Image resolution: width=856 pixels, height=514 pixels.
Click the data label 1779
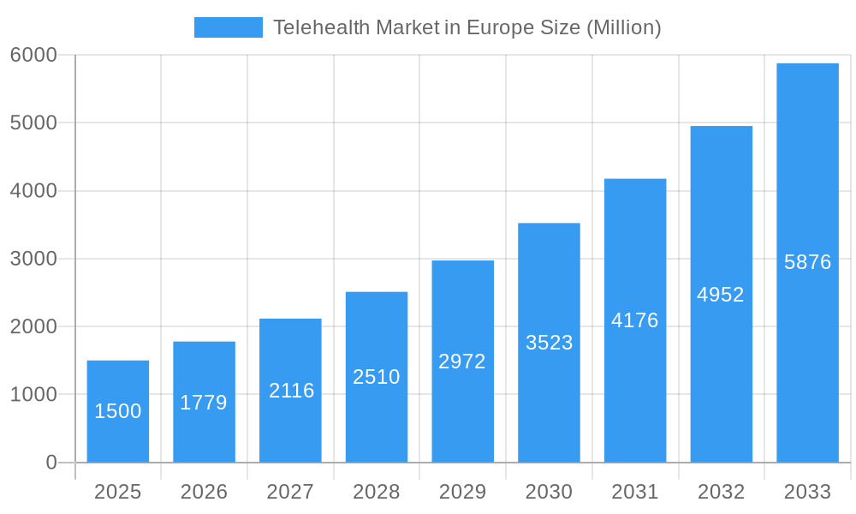(x=204, y=403)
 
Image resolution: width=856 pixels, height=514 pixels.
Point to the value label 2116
(x=291, y=391)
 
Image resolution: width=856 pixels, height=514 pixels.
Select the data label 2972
(x=462, y=362)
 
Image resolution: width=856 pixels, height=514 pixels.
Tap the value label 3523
(x=549, y=343)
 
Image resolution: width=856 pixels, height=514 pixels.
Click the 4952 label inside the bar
(x=721, y=295)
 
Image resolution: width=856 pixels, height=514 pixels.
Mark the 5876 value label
(x=807, y=262)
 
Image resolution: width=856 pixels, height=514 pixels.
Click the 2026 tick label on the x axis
(x=204, y=492)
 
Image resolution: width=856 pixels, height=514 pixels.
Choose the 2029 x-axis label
(x=462, y=492)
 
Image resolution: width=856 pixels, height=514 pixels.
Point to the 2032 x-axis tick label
(x=721, y=492)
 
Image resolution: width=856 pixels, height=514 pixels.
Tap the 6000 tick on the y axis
(x=33, y=55)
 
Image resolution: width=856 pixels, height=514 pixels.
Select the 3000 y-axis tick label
(x=33, y=259)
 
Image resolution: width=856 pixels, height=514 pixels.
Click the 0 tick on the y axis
(x=51, y=463)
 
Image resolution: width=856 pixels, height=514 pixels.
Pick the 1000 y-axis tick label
(x=33, y=395)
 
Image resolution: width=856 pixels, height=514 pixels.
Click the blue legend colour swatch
(x=228, y=27)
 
